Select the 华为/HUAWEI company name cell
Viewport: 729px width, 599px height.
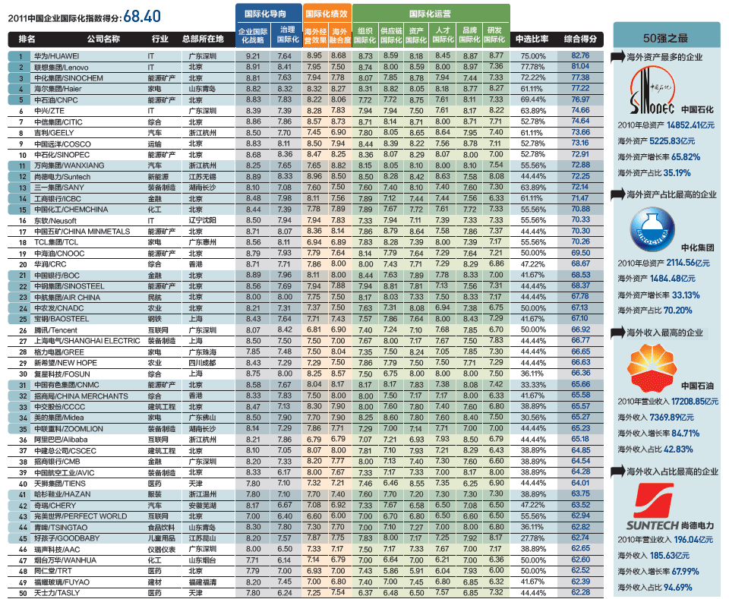57,56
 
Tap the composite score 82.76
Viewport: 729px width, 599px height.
580,56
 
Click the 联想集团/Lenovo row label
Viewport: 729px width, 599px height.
55,67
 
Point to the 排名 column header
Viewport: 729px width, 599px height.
27,38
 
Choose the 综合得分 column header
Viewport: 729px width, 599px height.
580,38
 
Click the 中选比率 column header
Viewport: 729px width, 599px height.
532,38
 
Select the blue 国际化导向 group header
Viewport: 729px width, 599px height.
265,13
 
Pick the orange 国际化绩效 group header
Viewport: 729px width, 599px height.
326,13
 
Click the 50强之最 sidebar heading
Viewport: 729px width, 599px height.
665,37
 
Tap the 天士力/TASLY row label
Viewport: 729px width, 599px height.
53,592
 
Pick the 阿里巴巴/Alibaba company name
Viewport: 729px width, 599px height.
55,439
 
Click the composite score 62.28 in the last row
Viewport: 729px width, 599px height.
580,592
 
